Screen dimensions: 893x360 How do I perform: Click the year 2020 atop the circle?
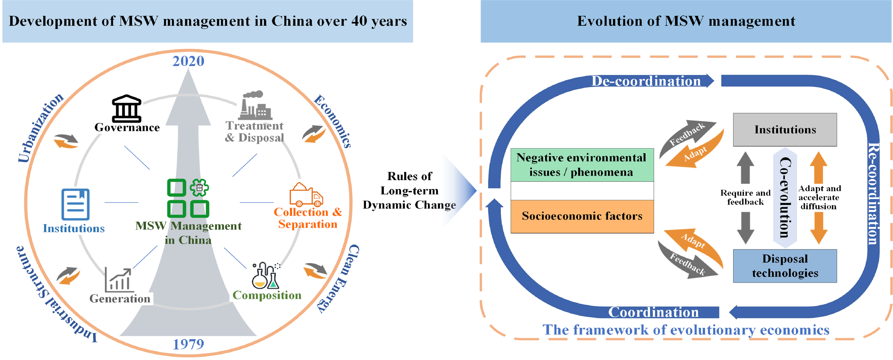click(x=188, y=61)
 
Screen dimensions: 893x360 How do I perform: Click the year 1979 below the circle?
click(x=188, y=344)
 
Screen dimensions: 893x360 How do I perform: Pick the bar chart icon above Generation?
click(x=119, y=279)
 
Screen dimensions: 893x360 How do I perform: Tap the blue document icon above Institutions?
click(x=75, y=205)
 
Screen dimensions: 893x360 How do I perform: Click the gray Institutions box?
click(x=785, y=129)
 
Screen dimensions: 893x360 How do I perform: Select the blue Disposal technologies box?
click(x=785, y=266)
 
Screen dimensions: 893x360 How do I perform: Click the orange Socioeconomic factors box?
click(x=582, y=216)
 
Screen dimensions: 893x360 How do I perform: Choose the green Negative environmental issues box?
click(x=582, y=165)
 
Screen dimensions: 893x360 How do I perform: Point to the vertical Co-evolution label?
click(x=785, y=198)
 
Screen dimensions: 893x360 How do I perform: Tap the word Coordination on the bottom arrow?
click(x=653, y=312)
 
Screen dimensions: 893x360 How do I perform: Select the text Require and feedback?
click(x=745, y=197)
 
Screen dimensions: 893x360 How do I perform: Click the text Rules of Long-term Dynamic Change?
click(x=409, y=190)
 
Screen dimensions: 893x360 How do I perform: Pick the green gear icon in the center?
click(x=199, y=187)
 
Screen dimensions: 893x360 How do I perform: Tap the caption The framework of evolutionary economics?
click(x=686, y=329)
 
